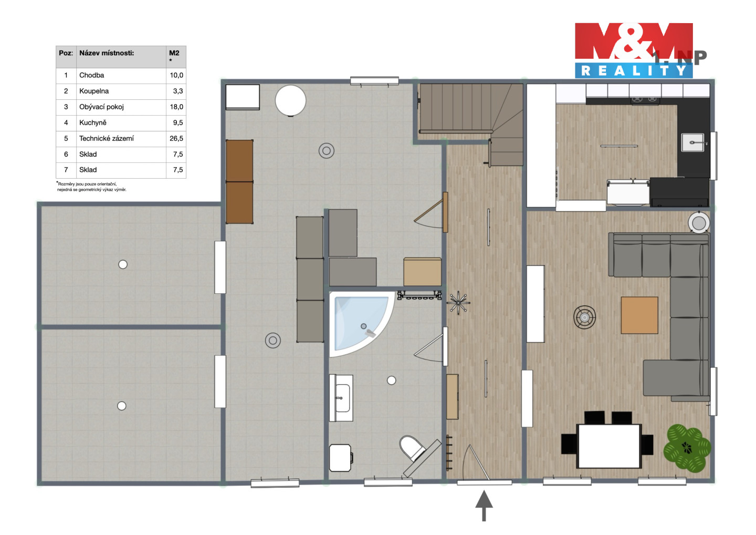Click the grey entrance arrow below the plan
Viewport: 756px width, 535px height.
pos(484,505)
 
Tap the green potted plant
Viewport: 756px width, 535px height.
pos(687,448)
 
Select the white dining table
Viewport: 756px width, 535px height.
pos(609,446)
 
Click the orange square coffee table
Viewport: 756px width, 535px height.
pos(639,315)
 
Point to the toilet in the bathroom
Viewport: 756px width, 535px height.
pos(413,448)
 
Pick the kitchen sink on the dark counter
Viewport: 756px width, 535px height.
pos(692,142)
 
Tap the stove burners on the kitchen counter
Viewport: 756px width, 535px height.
pos(645,100)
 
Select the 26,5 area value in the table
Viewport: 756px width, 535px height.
pos(176,138)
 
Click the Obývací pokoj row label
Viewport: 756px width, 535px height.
pos(101,107)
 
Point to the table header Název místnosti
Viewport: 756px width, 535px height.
pos(106,53)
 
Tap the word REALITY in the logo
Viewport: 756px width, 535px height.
pos(634,70)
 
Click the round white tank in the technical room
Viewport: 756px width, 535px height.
pos(290,101)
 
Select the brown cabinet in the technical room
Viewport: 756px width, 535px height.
pos(239,182)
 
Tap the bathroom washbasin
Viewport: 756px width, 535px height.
pos(341,398)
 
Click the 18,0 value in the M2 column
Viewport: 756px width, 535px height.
pos(176,107)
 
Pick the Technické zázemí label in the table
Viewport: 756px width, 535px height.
pos(106,138)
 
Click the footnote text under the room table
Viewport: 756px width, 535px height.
pos(91,187)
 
